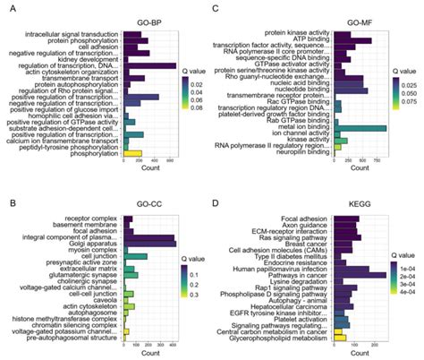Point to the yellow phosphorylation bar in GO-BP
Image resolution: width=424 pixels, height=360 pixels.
tap(131, 153)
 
